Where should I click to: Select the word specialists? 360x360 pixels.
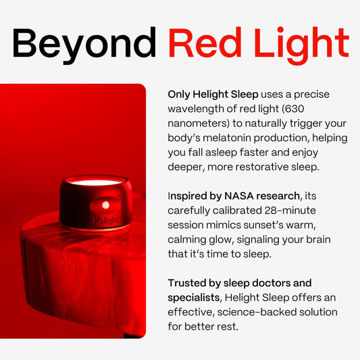tap(195, 298)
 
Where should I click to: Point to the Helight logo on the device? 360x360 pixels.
tap(105, 220)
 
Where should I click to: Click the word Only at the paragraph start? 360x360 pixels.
tap(180, 95)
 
